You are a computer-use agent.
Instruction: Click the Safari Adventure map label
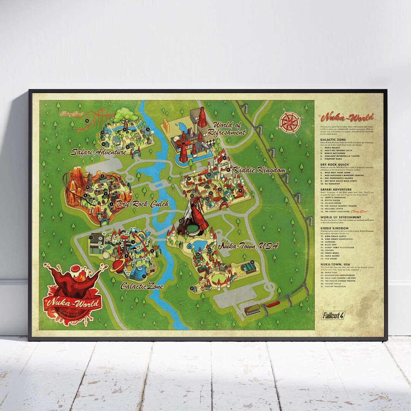[x=99, y=152]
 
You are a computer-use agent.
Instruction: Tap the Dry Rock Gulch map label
[x=143, y=204]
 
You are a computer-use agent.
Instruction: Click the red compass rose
[x=290, y=122]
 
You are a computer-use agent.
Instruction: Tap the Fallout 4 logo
[x=333, y=315]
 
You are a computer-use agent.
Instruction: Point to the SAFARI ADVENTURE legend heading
[x=336, y=189]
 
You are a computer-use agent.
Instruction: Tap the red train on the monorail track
[x=274, y=304]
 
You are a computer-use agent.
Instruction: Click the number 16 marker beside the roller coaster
[x=87, y=121]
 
